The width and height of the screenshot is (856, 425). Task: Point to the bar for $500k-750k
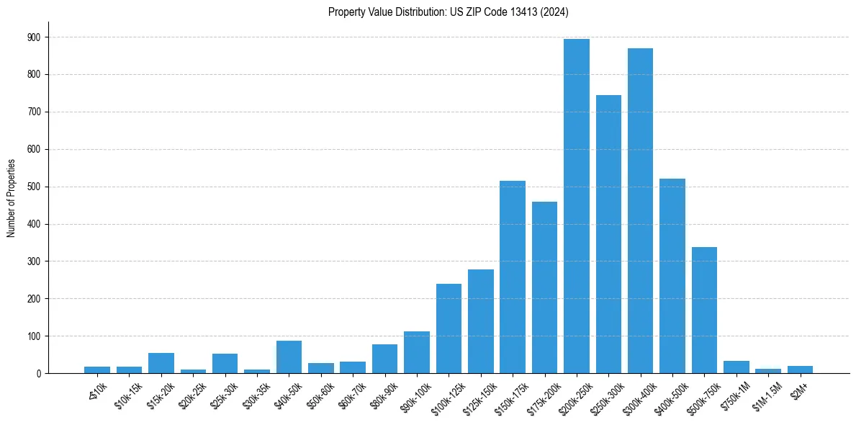coord(704,310)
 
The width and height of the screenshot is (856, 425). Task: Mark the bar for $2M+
coord(800,370)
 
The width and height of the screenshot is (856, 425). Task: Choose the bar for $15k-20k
coord(161,363)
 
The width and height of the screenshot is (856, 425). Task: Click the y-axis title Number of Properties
coord(11,199)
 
